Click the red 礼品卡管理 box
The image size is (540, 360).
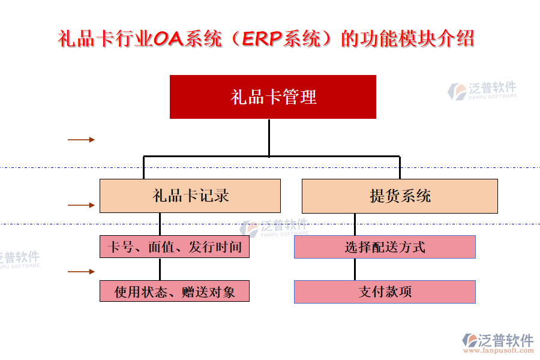273,97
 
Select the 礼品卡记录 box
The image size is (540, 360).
190,196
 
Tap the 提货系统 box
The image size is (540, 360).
400,196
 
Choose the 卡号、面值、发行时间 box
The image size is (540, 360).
174,247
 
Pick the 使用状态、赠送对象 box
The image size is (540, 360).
174,292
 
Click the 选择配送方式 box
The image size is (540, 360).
385,247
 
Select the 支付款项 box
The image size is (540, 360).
385,292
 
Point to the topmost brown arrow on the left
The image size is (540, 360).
81,140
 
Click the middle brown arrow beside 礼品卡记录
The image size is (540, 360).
81,205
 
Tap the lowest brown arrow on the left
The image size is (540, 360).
81,271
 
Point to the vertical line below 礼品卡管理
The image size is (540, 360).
269,137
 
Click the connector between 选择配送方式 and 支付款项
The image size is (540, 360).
355,269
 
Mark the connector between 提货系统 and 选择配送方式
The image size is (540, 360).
355,224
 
